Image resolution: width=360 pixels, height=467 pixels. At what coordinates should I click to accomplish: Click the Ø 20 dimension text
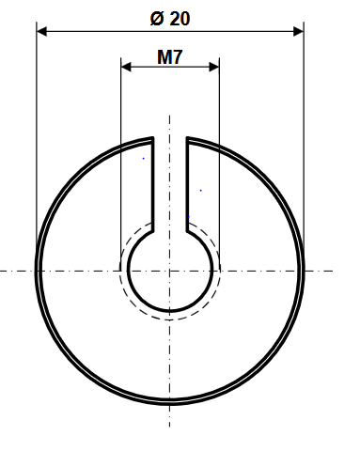click(170, 19)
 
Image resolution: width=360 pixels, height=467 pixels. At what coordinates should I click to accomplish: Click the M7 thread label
click(170, 57)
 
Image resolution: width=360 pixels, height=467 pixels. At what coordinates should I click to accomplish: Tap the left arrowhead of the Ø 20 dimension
click(41, 31)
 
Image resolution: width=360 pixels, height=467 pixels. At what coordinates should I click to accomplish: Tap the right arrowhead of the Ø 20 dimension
click(299, 31)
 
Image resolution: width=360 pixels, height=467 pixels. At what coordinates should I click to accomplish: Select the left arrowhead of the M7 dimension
click(126, 67)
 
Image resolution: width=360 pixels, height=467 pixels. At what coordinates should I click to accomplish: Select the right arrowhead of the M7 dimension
click(214, 67)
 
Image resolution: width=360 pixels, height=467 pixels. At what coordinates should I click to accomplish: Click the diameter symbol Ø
click(157, 19)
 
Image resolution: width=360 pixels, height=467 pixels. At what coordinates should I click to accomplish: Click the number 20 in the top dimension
click(180, 19)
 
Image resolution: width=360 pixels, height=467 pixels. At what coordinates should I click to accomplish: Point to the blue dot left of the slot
click(144, 159)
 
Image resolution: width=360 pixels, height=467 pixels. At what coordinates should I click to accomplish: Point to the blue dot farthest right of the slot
click(201, 190)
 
